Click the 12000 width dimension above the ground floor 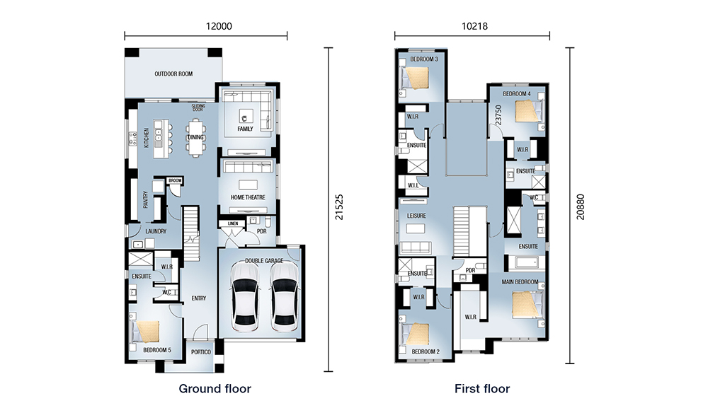pyautogui.click(x=219, y=26)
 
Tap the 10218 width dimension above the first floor pyautogui.click(x=474, y=26)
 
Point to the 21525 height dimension pyautogui.click(x=339, y=207)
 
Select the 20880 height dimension pyautogui.click(x=581, y=207)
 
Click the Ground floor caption pyautogui.click(x=215, y=388)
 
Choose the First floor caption pyautogui.click(x=482, y=388)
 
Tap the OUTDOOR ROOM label pyautogui.click(x=174, y=74)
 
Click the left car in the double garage pyautogui.click(x=244, y=297)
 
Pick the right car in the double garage pyautogui.click(x=285, y=297)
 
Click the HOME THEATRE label pyautogui.click(x=248, y=197)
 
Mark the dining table pyautogui.click(x=196, y=138)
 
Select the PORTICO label pyautogui.click(x=201, y=351)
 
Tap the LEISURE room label pyautogui.click(x=416, y=216)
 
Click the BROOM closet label pyautogui.click(x=175, y=180)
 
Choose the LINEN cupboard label pyautogui.click(x=233, y=223)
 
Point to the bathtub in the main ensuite pyautogui.click(x=526, y=262)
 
